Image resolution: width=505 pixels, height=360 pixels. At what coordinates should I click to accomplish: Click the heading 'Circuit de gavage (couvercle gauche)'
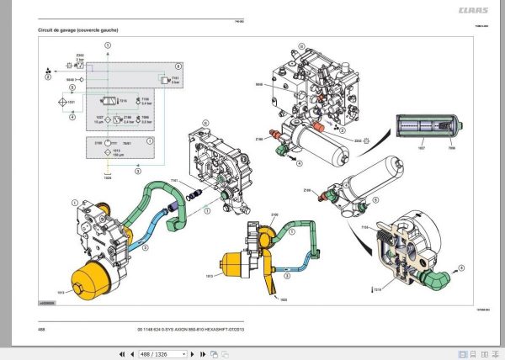(x=78, y=30)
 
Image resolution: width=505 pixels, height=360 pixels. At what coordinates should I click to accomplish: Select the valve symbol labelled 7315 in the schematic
(x=106, y=100)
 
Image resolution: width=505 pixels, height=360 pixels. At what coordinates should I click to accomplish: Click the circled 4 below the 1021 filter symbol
(x=72, y=118)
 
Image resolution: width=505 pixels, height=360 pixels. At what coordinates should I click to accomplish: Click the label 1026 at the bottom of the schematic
(x=106, y=177)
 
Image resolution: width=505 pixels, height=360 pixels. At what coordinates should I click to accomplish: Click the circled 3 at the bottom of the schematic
(x=106, y=168)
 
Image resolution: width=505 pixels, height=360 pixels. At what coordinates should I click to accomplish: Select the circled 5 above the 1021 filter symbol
(x=72, y=87)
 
